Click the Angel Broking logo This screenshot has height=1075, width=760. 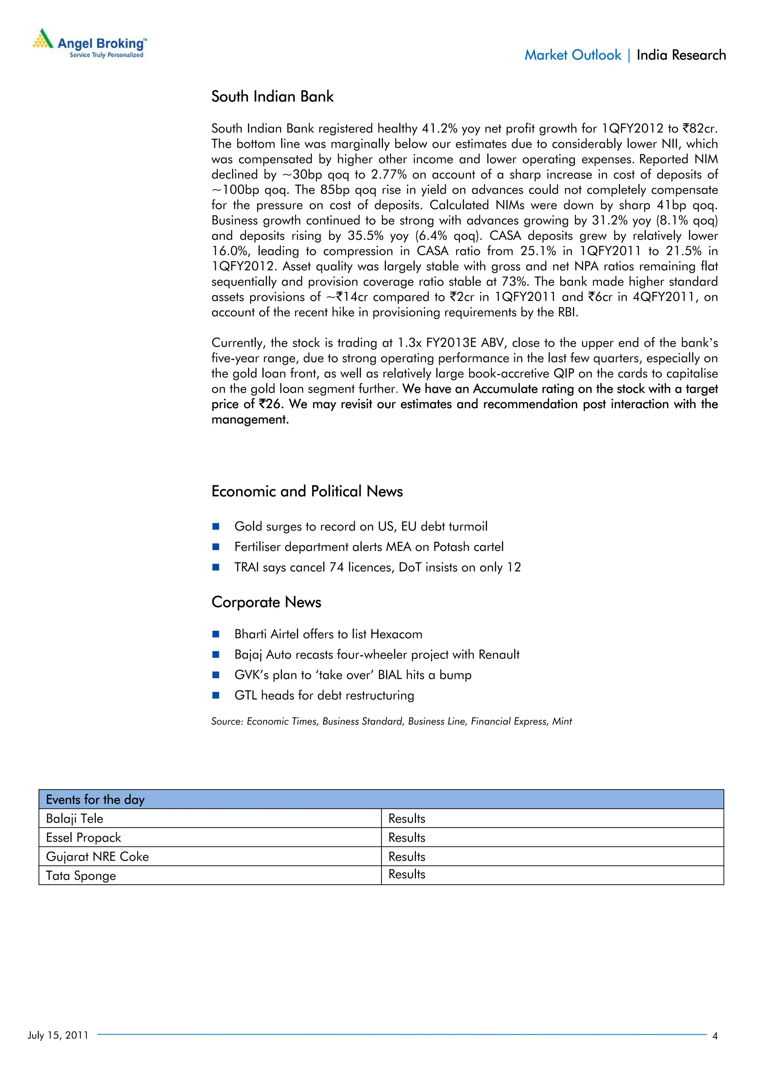coord(89,43)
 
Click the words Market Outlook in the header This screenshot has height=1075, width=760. coord(572,55)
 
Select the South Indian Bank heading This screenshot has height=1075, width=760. coord(272,96)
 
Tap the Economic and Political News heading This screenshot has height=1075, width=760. coord(307,491)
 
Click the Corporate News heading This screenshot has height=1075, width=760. coord(266,602)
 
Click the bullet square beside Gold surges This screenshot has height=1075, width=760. coord(216,526)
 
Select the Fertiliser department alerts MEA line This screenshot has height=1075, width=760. coord(368,547)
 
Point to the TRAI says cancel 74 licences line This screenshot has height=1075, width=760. coord(377,567)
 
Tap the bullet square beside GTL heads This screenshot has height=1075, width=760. coord(216,695)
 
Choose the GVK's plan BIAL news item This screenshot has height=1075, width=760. coord(353,675)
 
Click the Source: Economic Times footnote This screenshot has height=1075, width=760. coord(391,721)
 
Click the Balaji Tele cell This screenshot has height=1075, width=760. coord(75,819)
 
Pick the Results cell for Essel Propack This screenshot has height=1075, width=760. coord(406,838)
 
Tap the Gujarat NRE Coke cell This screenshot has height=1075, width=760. coord(97,857)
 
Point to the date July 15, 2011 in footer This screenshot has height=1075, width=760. coord(58,1035)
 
